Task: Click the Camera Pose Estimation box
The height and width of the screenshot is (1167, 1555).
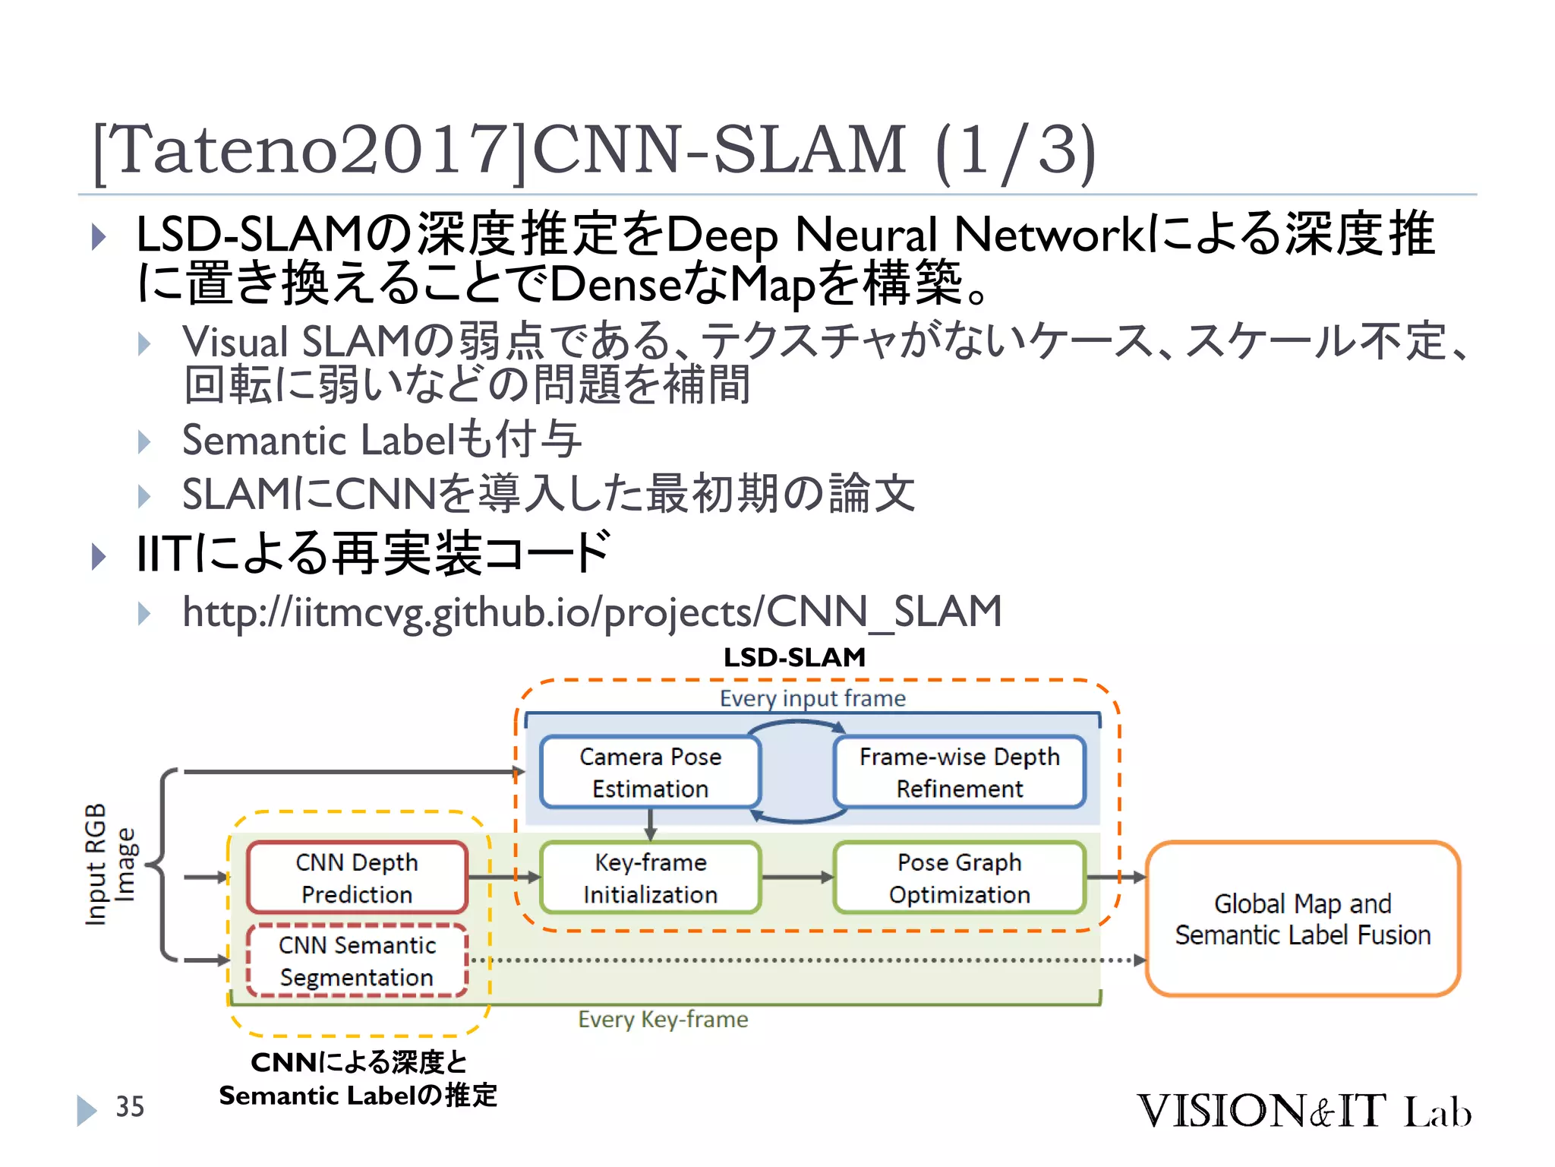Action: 650,772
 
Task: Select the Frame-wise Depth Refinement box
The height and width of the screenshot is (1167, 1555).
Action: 959,772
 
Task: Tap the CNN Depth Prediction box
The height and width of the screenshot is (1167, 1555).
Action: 356,878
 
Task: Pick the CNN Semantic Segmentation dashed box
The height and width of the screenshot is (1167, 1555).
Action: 356,960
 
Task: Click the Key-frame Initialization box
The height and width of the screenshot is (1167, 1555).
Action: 650,878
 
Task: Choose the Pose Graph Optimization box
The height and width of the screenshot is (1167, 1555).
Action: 959,878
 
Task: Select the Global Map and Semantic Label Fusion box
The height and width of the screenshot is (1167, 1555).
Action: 1302,919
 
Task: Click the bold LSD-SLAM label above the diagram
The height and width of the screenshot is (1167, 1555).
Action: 794,657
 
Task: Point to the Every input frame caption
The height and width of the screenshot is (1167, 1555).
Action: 812,698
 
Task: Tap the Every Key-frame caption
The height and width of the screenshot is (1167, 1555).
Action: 663,1019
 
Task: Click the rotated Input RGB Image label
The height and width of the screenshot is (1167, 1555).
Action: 109,865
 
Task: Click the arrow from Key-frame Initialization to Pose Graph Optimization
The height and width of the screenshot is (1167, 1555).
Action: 796,878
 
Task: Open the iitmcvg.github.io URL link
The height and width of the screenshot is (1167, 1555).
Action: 591,612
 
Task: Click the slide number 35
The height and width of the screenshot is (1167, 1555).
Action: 130,1107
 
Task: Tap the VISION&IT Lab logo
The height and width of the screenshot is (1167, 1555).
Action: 1303,1111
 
